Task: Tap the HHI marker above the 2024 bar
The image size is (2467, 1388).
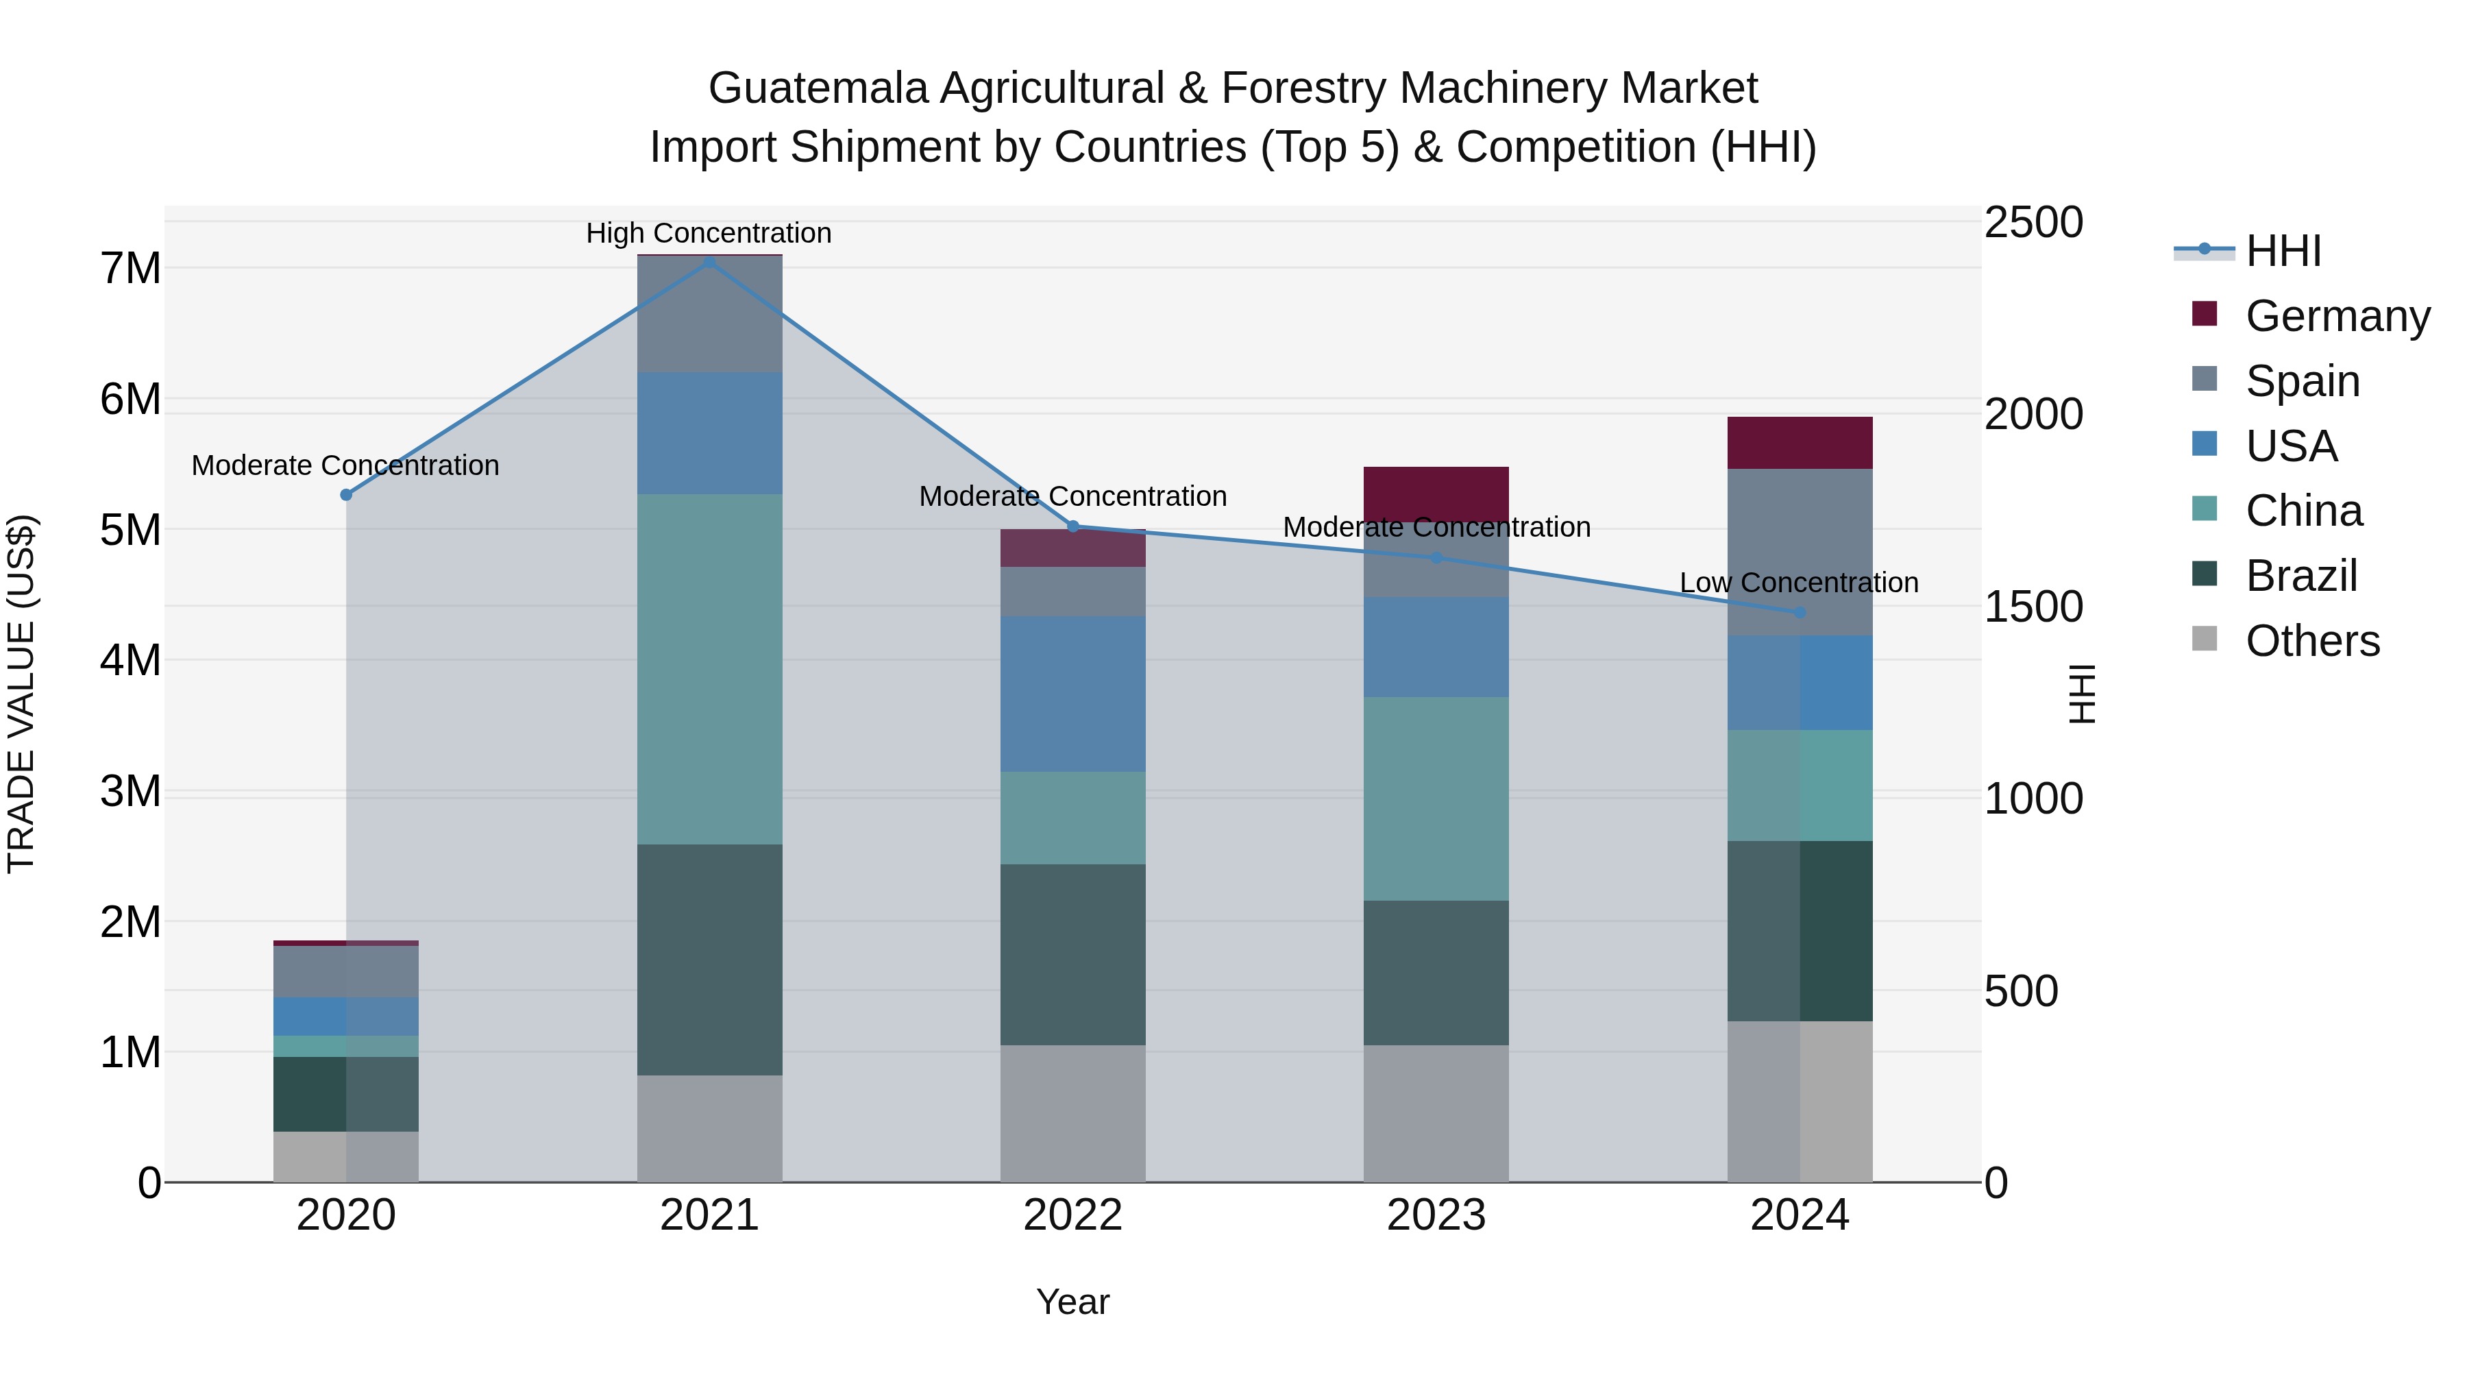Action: tap(1800, 612)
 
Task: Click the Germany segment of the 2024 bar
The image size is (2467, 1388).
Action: tap(1800, 443)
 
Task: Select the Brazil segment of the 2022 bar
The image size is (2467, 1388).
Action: tap(1072, 954)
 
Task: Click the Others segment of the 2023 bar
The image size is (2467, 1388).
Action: tap(1436, 1113)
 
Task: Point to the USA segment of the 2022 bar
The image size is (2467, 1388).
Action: tap(1072, 694)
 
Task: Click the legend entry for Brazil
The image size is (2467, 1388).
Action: tap(2300, 576)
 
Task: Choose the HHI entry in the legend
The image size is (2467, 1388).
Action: tap(2283, 251)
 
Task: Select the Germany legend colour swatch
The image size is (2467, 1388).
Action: tap(2205, 314)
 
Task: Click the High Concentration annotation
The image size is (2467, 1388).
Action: tap(709, 233)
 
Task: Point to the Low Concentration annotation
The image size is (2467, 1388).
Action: tap(1799, 583)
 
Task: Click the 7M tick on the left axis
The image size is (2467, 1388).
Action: tap(130, 268)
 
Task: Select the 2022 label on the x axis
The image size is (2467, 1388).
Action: tap(1072, 1215)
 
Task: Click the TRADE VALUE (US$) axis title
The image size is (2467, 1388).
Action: tap(21, 694)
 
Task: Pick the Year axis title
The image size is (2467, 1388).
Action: tap(1072, 1302)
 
